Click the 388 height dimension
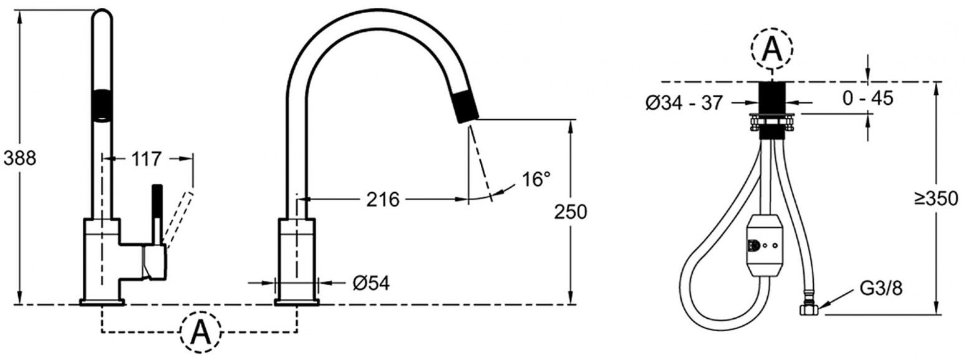pos(19,159)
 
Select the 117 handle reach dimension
pos(147,159)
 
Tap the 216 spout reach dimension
pos(383,200)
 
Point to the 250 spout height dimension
pos(571,212)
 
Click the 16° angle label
pos(536,179)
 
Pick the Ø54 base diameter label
pos(371,283)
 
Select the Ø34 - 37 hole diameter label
pos(683,103)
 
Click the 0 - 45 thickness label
pos(867,99)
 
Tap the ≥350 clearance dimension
pos(936,198)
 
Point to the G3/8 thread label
pos(881,288)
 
